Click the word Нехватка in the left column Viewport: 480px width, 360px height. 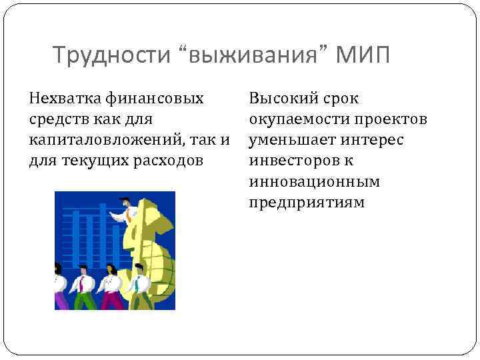(64, 99)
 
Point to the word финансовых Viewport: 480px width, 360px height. (155, 99)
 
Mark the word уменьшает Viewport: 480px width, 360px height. (291, 141)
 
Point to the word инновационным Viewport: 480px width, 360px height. (315, 182)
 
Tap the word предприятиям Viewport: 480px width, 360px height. (307, 203)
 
